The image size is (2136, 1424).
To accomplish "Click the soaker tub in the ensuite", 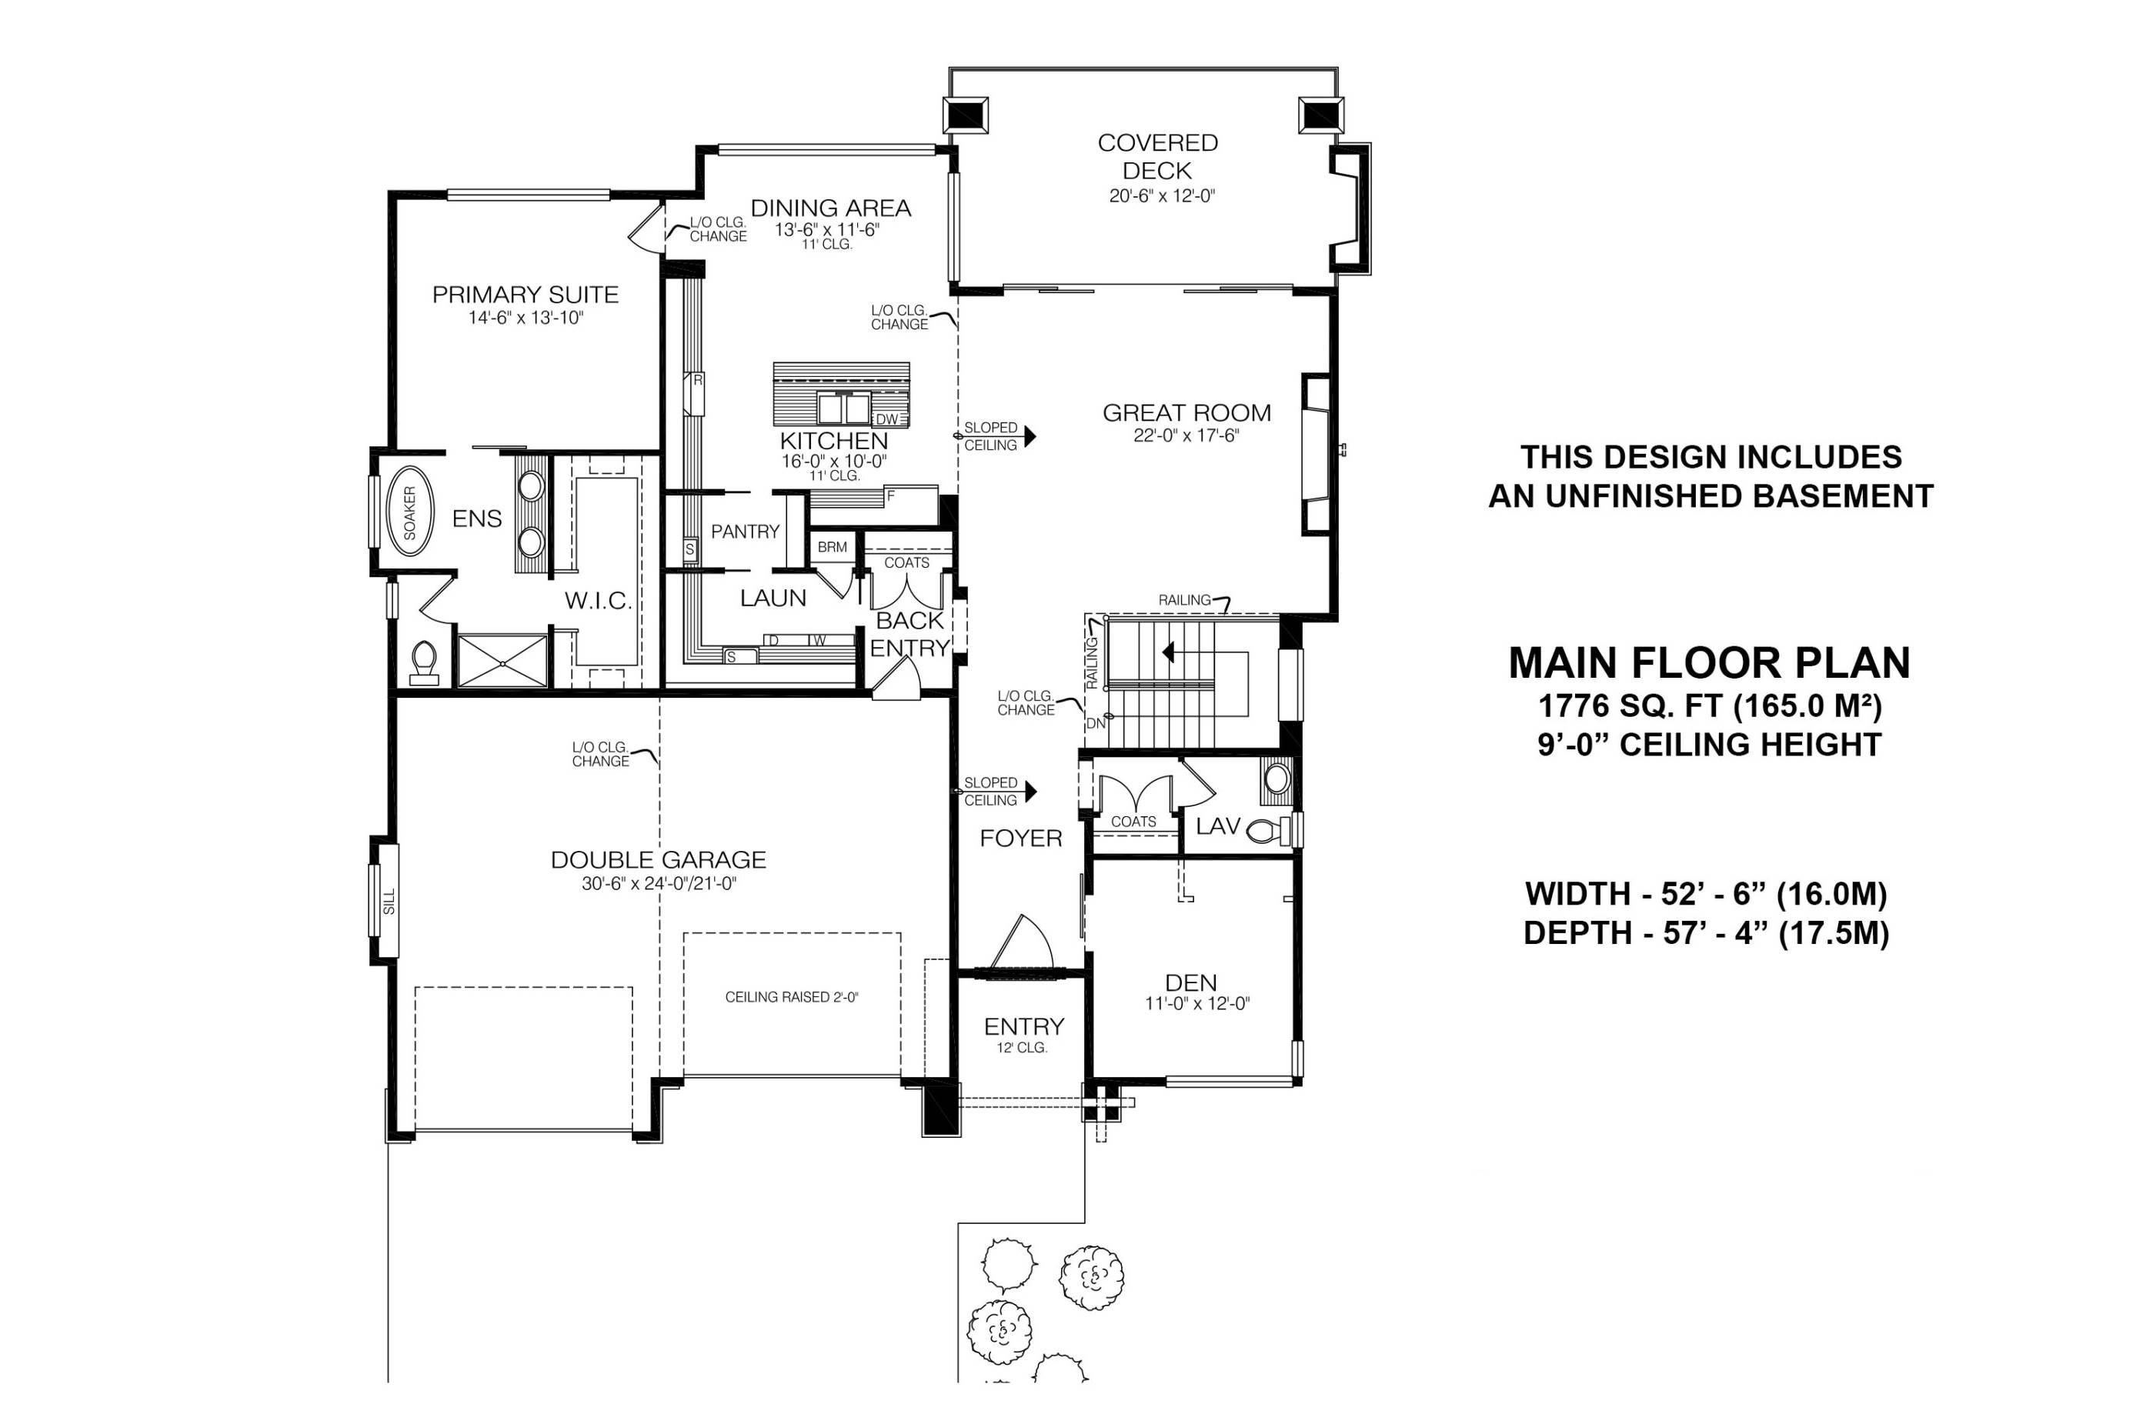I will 409,512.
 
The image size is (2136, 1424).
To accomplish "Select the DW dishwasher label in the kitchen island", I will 886,419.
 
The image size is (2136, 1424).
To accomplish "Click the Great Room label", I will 1186,413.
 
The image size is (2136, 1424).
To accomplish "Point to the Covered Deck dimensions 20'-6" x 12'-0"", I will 1162,196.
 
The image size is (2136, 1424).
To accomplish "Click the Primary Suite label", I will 525,295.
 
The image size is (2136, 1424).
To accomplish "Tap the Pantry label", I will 745,532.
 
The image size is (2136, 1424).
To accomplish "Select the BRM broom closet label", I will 832,548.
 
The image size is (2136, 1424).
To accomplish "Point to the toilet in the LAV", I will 1268,830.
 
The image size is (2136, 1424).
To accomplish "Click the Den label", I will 1190,982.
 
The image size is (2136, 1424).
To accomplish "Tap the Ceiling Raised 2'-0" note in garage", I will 791,997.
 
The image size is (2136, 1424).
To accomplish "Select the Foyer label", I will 1021,839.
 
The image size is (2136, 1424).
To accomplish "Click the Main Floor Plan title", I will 1709,664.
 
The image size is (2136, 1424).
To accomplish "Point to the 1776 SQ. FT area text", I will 1709,705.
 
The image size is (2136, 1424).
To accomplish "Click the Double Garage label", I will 659,860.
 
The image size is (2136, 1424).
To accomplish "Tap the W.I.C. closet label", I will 598,601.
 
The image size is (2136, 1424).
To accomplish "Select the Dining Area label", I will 830,208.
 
